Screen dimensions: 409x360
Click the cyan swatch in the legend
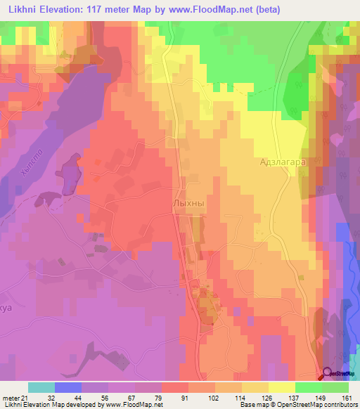tap(41, 387)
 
